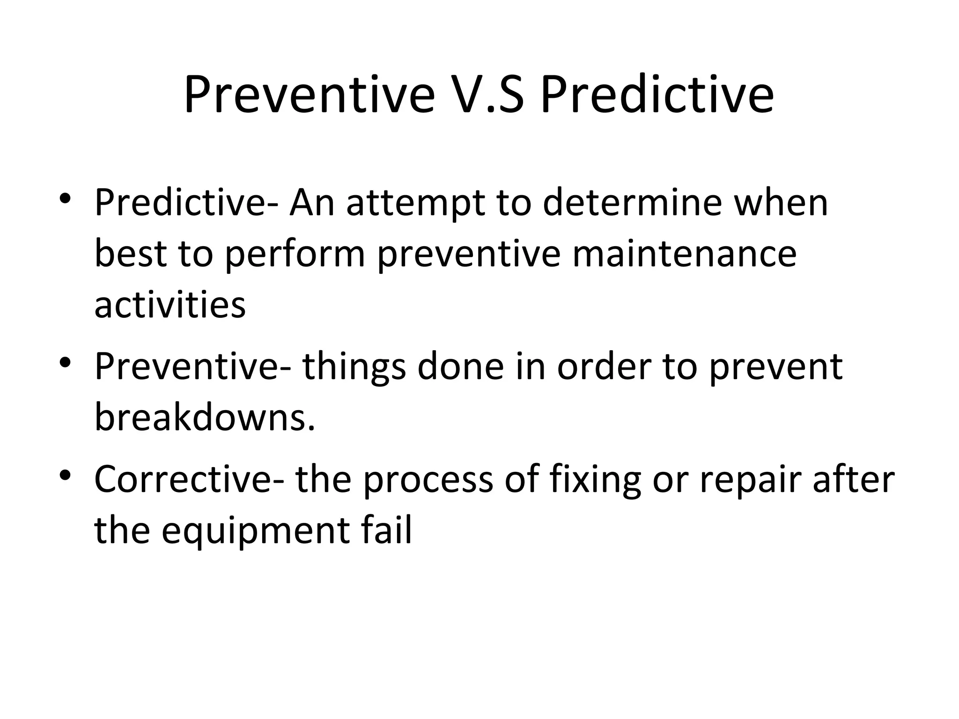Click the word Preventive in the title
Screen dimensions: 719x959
309,96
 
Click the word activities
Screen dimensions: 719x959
170,305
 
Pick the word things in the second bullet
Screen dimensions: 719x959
354,367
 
